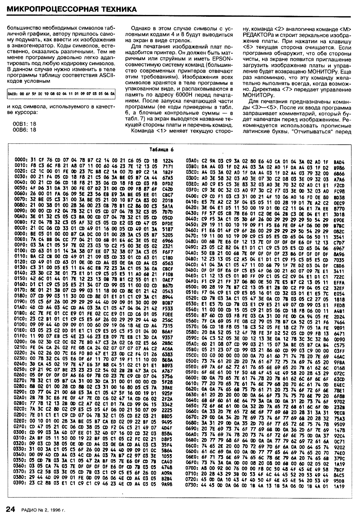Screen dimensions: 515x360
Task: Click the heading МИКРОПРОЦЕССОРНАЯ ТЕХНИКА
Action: coord(72,9)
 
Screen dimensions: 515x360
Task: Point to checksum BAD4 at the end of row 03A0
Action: coord(338,161)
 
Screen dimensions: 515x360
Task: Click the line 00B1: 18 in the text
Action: coord(24,123)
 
